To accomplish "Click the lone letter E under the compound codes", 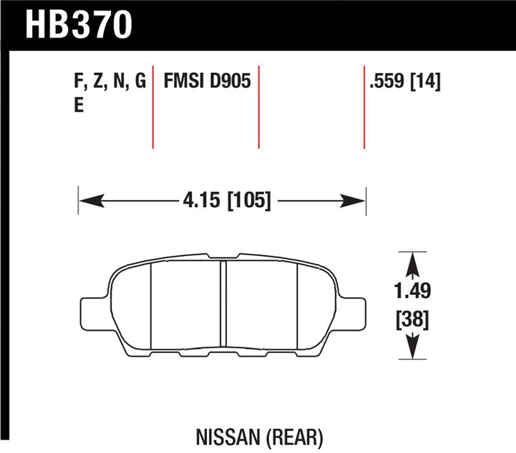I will [x=79, y=106].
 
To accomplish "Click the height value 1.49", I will [x=413, y=291].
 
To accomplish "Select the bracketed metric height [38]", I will [x=413, y=319].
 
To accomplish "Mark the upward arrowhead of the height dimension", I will [x=413, y=261].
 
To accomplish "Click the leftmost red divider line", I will [x=153, y=106].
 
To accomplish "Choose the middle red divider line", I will [x=259, y=106].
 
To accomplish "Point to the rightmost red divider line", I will [x=364, y=106].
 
